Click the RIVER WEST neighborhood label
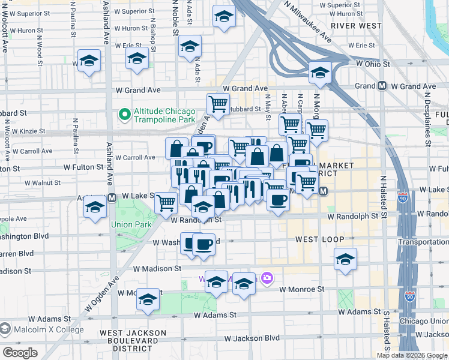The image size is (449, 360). coord(356,26)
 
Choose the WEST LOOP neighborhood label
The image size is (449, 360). coord(319,239)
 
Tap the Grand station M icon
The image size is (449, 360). coord(382,86)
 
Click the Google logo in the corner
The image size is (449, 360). coord(20,353)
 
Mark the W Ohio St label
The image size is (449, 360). coord(373,64)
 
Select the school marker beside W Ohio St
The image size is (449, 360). coord(320,73)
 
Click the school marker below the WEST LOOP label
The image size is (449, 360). coord(345,259)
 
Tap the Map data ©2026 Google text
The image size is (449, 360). coord(412,355)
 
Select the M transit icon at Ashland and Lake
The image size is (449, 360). coord(112,197)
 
